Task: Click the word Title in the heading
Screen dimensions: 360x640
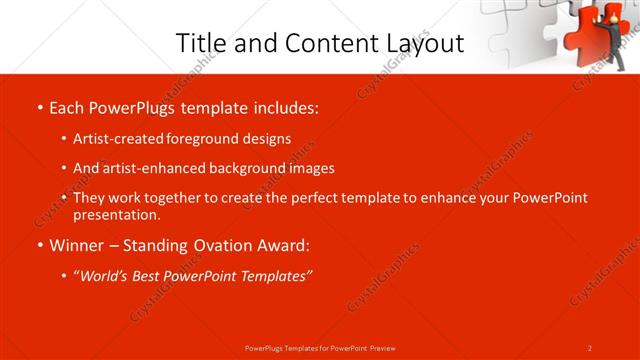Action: click(200, 43)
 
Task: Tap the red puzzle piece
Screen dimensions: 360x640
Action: click(585, 30)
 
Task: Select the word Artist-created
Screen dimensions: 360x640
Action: click(116, 139)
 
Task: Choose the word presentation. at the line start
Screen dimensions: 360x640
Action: click(116, 214)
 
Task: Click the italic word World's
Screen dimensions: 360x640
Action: click(106, 275)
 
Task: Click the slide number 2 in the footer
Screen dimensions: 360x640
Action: click(590, 348)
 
